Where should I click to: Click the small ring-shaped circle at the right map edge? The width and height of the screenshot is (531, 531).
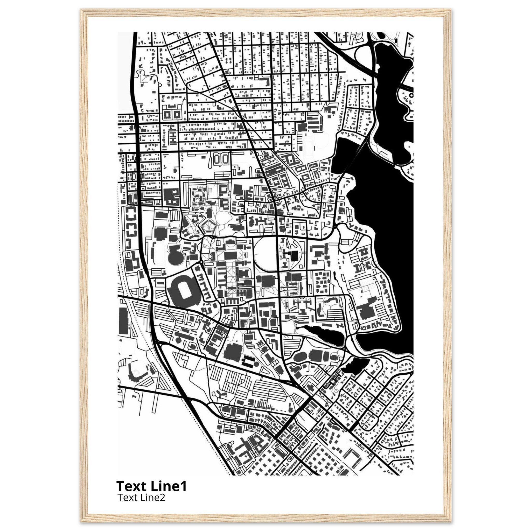411,95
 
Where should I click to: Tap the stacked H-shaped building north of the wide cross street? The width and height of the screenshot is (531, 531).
173,137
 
